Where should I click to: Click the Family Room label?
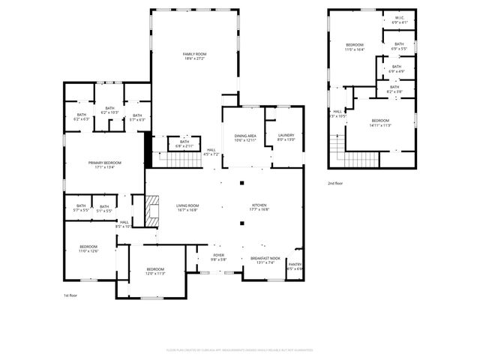[x=195, y=54]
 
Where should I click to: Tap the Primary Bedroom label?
[x=104, y=163]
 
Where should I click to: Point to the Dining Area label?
[x=244, y=136]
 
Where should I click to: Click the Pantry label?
[x=295, y=264]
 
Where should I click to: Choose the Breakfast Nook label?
[x=265, y=257]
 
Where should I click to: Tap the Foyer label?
[x=218, y=256]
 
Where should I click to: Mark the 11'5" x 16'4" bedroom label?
[x=355, y=46]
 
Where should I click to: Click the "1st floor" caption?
[x=70, y=295]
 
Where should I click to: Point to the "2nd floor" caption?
[x=335, y=183]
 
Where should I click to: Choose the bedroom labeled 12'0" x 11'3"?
[x=155, y=269]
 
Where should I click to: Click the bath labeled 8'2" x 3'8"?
[x=394, y=88]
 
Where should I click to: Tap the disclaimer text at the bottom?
[x=239, y=349]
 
